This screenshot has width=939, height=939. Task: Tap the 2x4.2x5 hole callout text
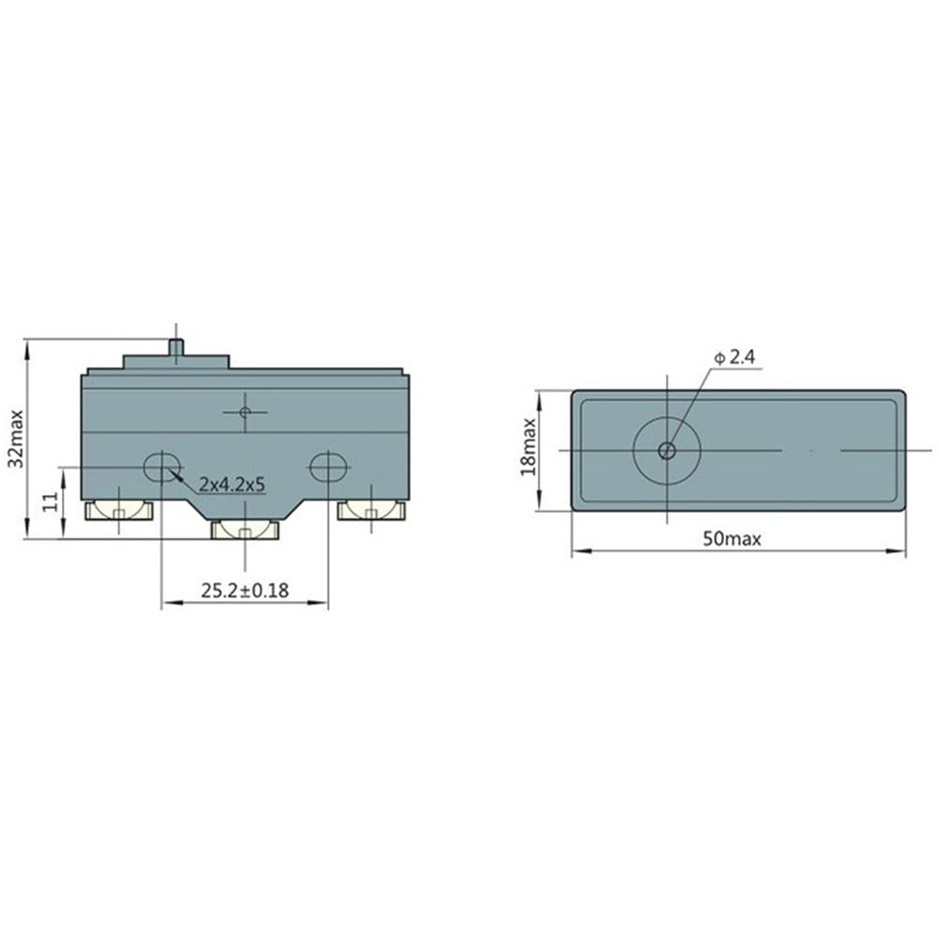click(232, 484)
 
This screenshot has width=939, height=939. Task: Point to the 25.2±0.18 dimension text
click(245, 590)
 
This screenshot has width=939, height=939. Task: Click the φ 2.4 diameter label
click(735, 357)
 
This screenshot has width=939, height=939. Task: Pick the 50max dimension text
click(733, 538)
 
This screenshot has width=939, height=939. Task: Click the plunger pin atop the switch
click(175, 343)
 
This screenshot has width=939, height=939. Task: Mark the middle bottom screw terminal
click(245, 531)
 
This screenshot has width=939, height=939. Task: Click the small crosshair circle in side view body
click(245, 412)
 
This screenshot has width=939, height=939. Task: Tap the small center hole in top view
click(667, 451)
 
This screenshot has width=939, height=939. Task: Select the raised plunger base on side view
click(175, 361)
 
